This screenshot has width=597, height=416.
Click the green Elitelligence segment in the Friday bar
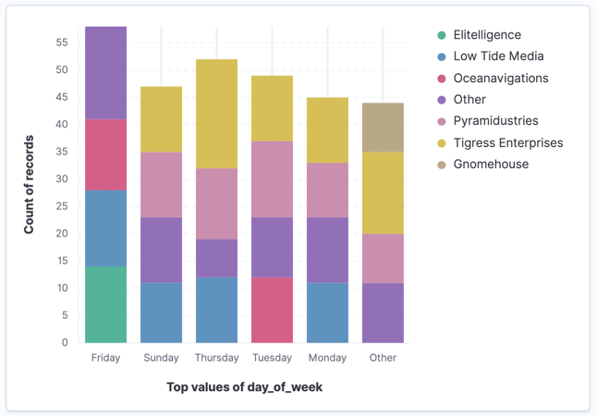pos(106,304)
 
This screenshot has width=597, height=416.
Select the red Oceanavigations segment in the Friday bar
pos(106,154)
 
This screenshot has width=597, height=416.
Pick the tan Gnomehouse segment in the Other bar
pos(383,128)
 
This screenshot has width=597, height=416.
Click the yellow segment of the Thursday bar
pos(216,114)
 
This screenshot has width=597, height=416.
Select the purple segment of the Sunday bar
pos(161,250)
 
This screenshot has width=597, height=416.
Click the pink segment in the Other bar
pos(383,258)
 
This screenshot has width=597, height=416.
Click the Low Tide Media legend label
pos(498,56)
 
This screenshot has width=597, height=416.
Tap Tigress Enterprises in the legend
pos(507,142)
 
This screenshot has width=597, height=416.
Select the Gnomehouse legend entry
pos(491,164)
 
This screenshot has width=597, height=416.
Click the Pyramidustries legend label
pos(495,121)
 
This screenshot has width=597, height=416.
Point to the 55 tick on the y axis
pos(62,43)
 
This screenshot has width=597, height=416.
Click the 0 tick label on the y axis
pos(65,342)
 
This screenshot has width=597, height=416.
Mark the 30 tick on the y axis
pos(62,178)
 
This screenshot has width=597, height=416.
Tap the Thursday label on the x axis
pos(216,358)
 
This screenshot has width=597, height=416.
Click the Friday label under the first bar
pos(106,358)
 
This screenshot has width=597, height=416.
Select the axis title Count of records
pos(29,186)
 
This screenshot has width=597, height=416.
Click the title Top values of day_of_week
pos(244,387)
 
